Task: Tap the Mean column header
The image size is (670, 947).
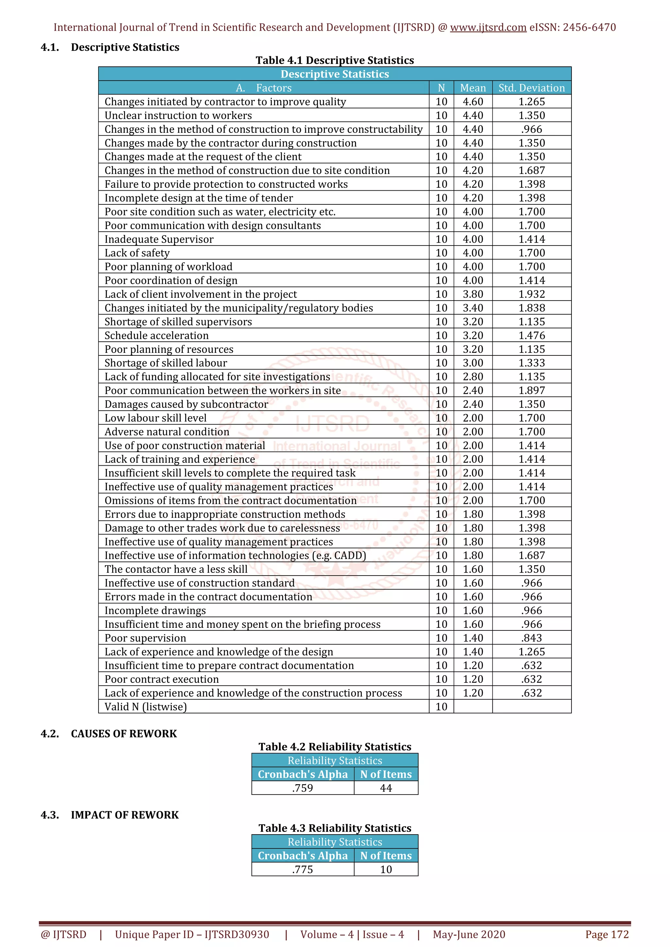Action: pyautogui.click(x=473, y=88)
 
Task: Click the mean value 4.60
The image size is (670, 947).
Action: pyautogui.click(x=473, y=102)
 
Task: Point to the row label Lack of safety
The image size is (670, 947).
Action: pyautogui.click(x=137, y=253)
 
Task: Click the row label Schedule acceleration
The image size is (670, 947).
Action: pyautogui.click(x=156, y=335)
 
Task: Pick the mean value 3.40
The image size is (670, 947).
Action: pyautogui.click(x=473, y=308)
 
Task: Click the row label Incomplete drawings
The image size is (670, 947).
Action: pyautogui.click(x=155, y=611)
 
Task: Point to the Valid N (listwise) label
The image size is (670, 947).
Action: pyautogui.click(x=146, y=707)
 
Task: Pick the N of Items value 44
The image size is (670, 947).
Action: pyautogui.click(x=386, y=788)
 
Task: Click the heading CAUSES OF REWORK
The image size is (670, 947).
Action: pyautogui.click(x=124, y=733)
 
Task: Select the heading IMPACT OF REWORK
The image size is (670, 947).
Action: pyautogui.click(x=125, y=815)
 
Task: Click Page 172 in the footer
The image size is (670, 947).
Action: pyautogui.click(x=607, y=934)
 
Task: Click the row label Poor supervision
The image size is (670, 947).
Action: pyautogui.click(x=145, y=638)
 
